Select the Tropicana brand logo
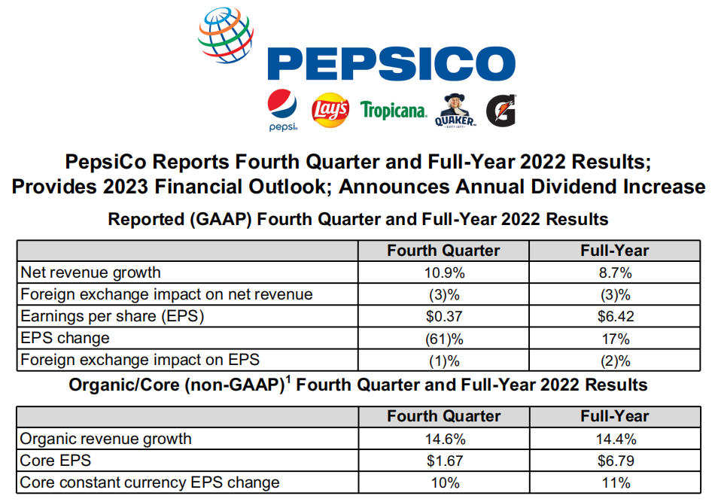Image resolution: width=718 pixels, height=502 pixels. pos(394,111)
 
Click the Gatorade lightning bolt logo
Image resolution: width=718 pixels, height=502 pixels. pos(500,111)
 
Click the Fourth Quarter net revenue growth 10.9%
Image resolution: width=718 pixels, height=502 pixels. pos(443,272)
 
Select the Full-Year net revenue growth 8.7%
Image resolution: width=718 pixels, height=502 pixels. pos(614,272)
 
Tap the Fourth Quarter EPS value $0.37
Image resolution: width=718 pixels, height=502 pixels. pos(443,316)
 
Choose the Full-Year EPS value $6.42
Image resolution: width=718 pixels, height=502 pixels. pos(614,316)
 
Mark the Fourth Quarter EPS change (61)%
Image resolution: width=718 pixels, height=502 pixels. pos(443,338)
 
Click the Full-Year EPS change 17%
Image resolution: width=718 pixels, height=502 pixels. pos(614,338)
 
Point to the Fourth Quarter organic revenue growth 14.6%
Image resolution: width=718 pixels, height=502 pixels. pos(443,439)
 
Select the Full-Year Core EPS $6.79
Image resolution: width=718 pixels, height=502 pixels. pos(614,461)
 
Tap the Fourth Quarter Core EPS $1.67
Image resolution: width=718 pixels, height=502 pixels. pos(443,461)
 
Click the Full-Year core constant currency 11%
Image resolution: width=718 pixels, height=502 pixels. pos(614,482)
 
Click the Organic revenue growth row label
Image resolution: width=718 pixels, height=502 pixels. pos(106,439)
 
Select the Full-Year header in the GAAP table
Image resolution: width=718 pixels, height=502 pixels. pos(614,250)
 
